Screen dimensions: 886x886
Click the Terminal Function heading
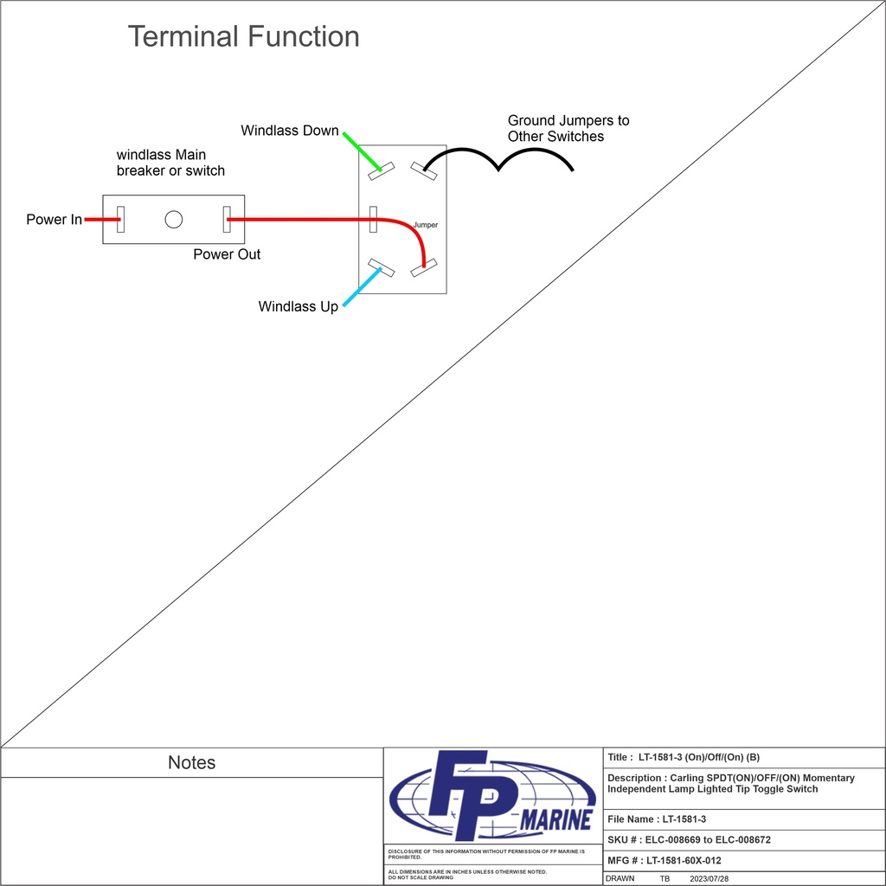tap(243, 37)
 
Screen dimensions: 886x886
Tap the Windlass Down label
tap(290, 131)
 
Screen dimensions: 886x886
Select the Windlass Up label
tap(298, 306)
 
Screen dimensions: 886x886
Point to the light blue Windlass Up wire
tap(362, 287)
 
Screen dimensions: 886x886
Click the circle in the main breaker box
tap(174, 219)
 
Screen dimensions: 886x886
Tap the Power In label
tap(54, 220)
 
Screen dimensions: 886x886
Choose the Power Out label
tap(227, 254)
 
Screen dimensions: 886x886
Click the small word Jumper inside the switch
tap(426, 225)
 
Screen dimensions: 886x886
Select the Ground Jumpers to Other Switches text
tap(568, 129)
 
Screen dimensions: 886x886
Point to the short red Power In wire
tap(102, 220)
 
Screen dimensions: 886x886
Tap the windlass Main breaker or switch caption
tap(170, 163)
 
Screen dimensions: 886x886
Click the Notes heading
tap(191, 762)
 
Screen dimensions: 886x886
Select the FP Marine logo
tap(492, 795)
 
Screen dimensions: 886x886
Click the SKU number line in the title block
tap(689, 839)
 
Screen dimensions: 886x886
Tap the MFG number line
tap(664, 860)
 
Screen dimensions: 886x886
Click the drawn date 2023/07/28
tap(709, 878)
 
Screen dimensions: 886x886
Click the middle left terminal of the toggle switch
tap(374, 219)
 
